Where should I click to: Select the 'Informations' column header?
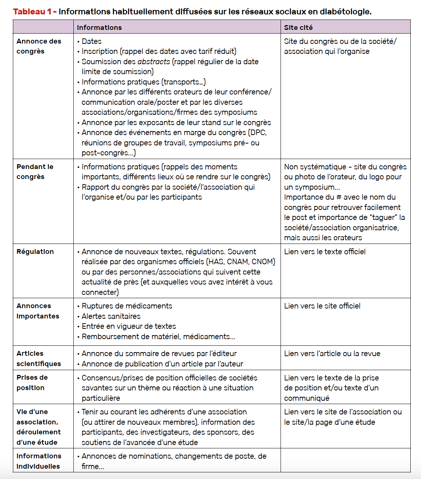coord(99,27)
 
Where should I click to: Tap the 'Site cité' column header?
coord(298,27)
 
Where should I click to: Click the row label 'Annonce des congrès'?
coord(39,46)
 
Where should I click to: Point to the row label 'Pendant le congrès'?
coord(35,172)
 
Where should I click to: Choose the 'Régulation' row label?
coord(35,252)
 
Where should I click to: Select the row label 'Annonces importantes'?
coord(38,311)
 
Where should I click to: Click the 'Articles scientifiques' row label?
coord(38,359)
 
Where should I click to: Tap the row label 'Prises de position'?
coord(32,383)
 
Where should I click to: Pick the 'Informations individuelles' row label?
coord(38,461)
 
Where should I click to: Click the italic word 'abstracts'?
coord(154,62)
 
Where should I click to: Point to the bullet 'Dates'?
coord(91,41)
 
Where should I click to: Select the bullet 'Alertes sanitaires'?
coord(111,316)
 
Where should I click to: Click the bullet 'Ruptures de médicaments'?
coord(127,306)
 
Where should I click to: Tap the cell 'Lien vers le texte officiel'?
coord(325,252)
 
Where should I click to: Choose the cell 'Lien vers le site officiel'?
coord(322,306)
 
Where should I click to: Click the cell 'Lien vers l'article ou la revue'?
coord(332,354)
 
